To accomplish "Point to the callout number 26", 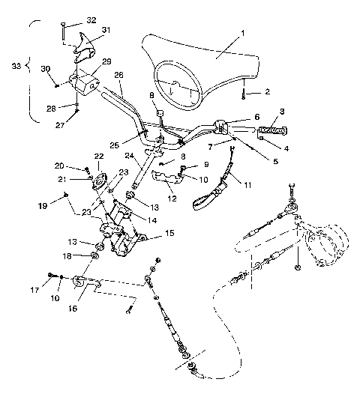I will [x=118, y=75].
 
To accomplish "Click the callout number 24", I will [x=129, y=157].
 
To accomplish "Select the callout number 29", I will [x=106, y=61].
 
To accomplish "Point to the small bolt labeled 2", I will [x=244, y=95].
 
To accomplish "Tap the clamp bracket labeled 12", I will [x=165, y=178].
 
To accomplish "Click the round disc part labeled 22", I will [x=97, y=179].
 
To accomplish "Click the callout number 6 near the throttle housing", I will [x=256, y=117].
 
